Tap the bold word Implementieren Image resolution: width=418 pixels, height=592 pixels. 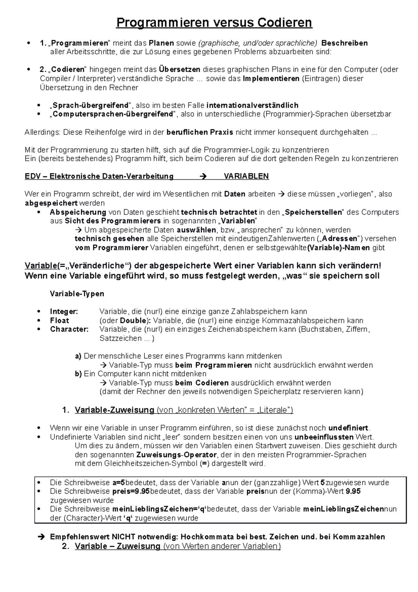point(271,78)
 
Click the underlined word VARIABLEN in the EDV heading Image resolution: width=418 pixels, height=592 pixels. point(246,176)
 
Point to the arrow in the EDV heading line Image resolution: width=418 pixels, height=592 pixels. point(203,176)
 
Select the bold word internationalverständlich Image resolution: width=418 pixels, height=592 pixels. point(252,105)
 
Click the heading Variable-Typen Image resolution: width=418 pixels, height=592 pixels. point(77,294)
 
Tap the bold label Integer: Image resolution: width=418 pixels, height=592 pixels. point(64,311)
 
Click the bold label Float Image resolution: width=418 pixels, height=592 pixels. point(59,320)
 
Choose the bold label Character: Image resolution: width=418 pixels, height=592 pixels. point(69,329)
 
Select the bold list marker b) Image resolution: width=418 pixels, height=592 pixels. point(78,374)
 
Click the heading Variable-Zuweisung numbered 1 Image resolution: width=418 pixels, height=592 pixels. point(114,410)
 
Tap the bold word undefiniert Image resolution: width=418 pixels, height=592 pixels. point(348,428)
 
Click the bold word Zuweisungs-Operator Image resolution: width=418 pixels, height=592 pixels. point(176,455)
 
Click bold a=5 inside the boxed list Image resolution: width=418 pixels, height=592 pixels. point(118,483)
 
